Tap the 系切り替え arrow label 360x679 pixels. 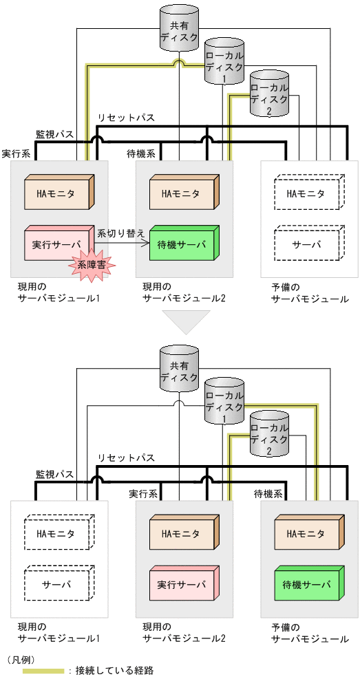(x=121, y=233)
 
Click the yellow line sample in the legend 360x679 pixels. (x=43, y=670)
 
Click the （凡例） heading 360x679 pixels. (x=23, y=658)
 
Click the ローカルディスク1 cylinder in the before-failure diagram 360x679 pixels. (x=224, y=63)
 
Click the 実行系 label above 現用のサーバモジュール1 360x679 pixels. (x=15, y=153)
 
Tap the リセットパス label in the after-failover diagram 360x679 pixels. (x=126, y=457)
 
